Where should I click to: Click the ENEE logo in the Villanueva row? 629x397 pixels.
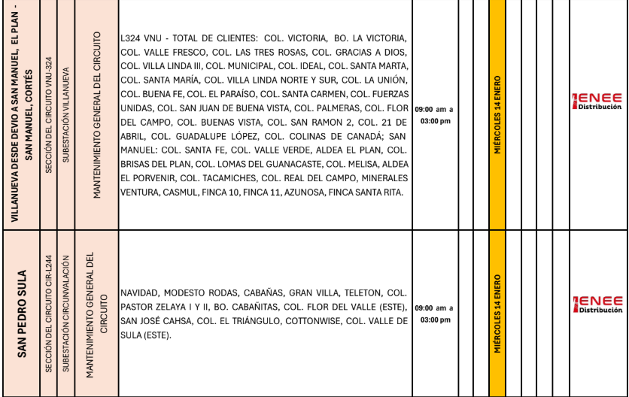coord(597,102)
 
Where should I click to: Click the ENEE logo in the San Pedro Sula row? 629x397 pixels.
coord(597,305)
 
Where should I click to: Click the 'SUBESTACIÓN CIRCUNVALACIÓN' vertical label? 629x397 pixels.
coord(66,314)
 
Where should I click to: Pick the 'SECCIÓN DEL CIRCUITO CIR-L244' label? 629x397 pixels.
coord(49,314)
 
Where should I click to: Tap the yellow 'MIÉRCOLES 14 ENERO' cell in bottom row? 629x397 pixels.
coord(497,314)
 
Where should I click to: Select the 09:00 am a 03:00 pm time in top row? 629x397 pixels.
coord(434,115)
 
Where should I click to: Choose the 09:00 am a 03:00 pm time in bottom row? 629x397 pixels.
coord(434,314)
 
